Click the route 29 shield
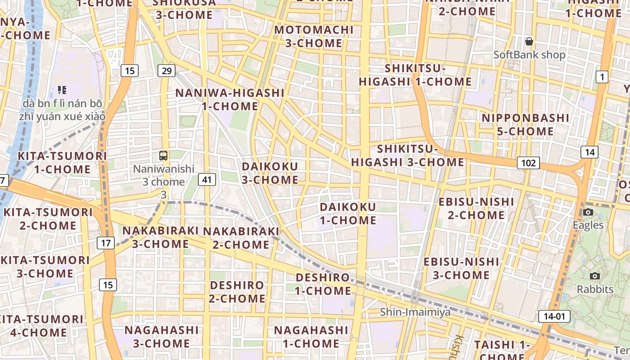[166, 71]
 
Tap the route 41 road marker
[207, 180]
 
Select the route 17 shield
[106, 243]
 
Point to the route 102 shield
[528, 163]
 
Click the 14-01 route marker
[554, 316]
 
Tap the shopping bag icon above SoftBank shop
[529, 41]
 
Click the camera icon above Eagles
[588, 212]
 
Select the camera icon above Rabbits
[595, 276]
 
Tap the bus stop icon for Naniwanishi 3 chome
[163, 156]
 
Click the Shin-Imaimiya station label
[409, 312]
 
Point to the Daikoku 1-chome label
[348, 214]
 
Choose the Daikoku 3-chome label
[270, 173]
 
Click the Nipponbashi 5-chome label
[526, 125]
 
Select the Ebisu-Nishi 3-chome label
[461, 268]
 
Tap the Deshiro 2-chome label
[237, 292]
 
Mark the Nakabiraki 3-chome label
[160, 237]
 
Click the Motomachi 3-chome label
[314, 36]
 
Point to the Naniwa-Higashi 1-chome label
[229, 99]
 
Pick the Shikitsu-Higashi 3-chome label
[407, 155]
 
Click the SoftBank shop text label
[529, 55]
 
